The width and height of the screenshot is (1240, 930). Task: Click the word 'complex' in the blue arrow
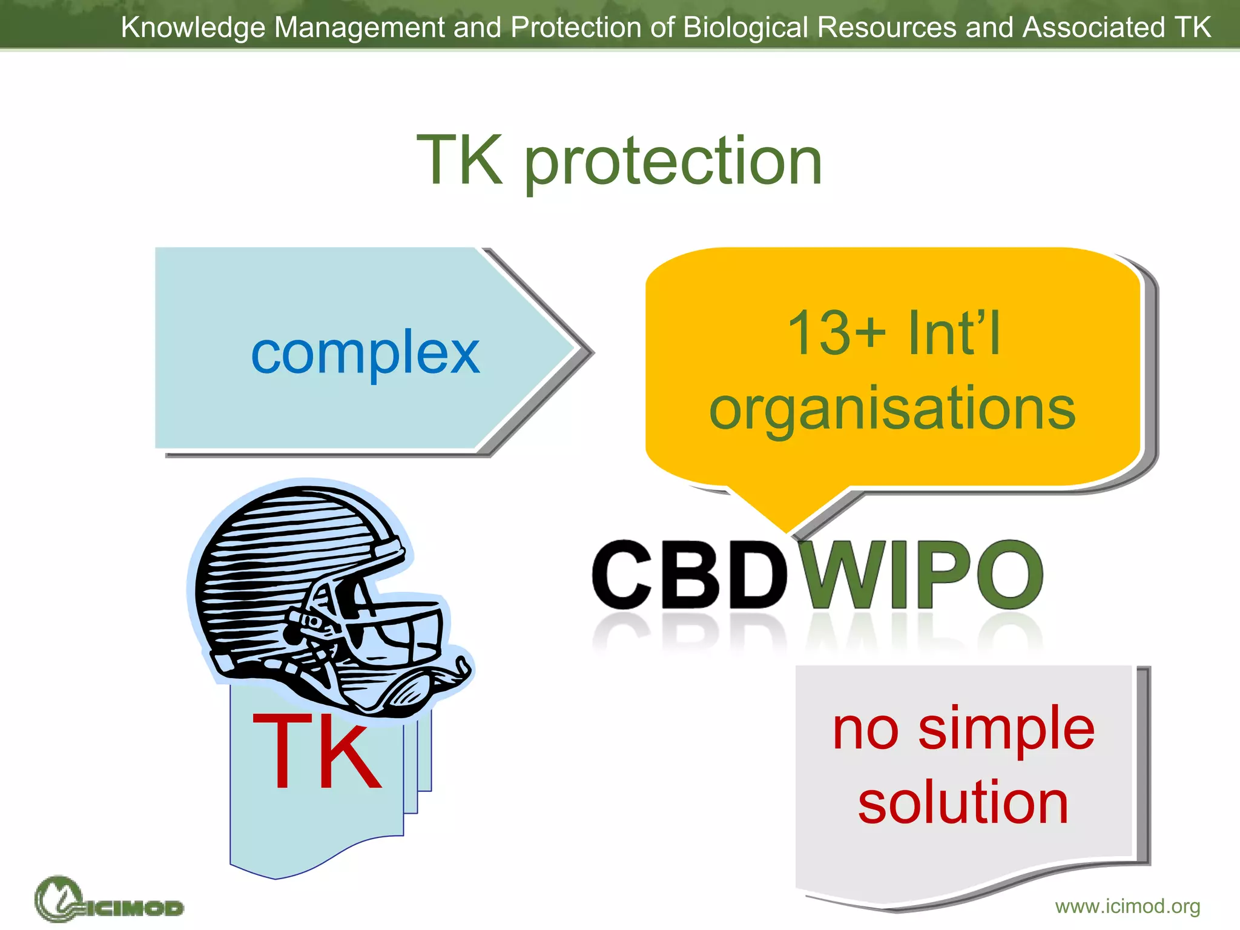(365, 354)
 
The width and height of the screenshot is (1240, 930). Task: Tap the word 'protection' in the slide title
(673, 161)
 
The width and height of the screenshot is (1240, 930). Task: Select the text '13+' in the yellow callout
(836, 332)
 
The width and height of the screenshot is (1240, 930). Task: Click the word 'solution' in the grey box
(963, 802)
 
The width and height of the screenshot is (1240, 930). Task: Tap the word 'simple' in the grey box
(1006, 730)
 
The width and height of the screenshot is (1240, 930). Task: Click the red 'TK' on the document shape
(317, 752)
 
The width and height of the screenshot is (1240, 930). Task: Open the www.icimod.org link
(1127, 906)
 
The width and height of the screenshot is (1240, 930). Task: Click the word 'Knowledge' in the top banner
(193, 27)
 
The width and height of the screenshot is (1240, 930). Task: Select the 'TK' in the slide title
(460, 161)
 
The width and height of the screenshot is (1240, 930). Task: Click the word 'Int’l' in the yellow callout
(955, 332)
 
